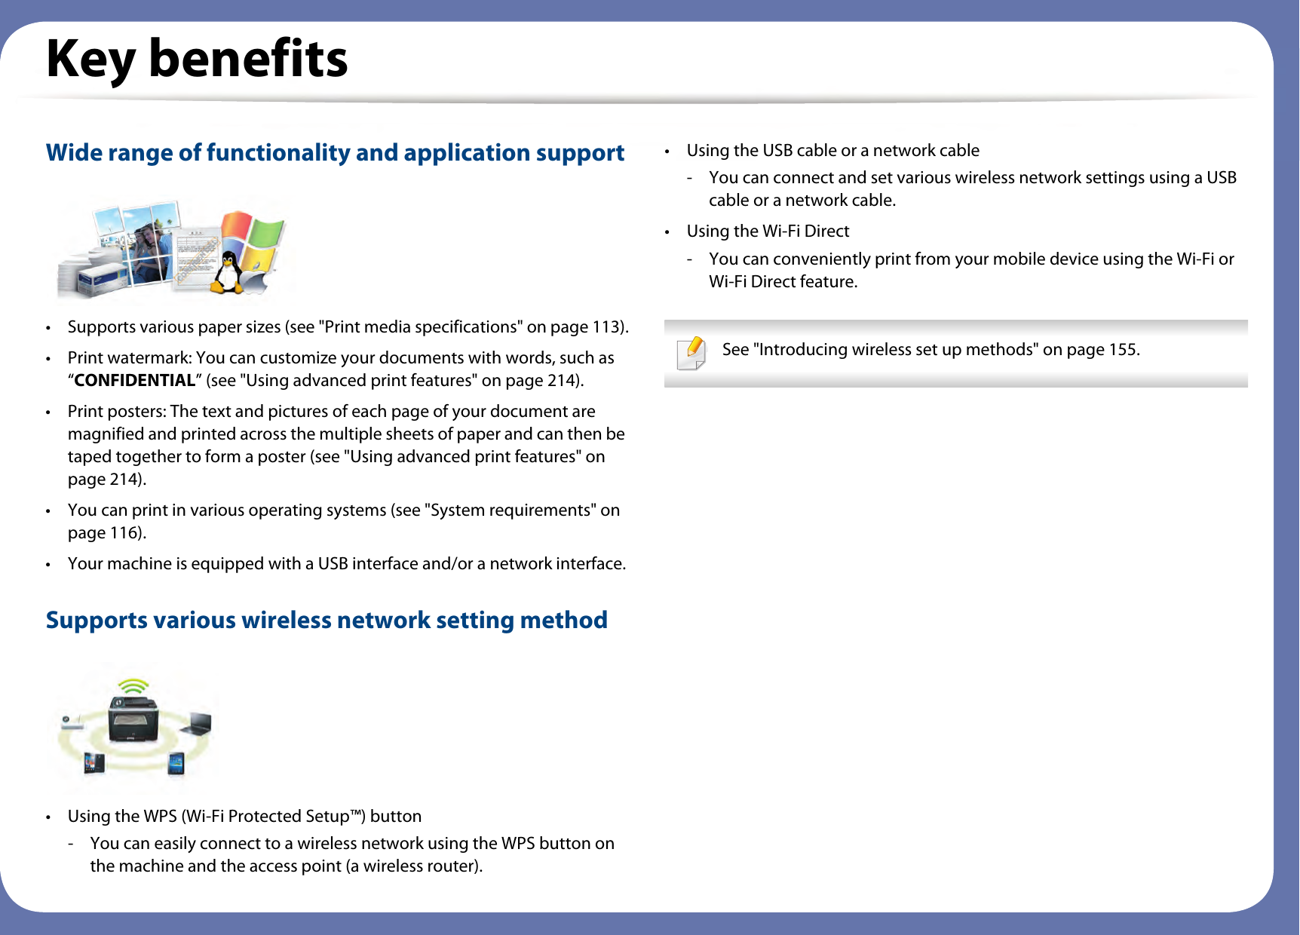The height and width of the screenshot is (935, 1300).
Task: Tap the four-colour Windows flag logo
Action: tap(252, 241)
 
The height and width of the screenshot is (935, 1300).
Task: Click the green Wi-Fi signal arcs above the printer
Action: tap(133, 687)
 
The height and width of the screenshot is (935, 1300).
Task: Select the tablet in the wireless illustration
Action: tap(176, 763)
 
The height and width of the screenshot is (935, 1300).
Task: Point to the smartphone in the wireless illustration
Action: tap(94, 762)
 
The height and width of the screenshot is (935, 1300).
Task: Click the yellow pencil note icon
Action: tap(691, 354)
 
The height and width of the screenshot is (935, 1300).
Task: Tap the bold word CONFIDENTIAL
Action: tap(134, 381)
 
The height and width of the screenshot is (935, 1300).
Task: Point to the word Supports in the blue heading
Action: tap(97, 621)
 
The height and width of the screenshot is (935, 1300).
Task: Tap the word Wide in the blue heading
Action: tap(74, 153)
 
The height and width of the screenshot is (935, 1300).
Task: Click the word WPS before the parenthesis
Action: tap(160, 817)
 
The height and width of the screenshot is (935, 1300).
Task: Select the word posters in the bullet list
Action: tap(138, 412)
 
